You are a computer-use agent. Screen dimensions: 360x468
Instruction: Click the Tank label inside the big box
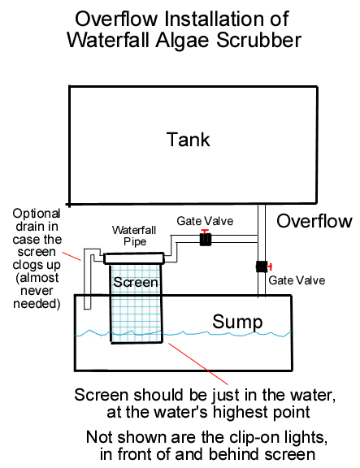tap(188, 140)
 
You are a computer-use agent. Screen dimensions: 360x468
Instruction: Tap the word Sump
tap(237, 322)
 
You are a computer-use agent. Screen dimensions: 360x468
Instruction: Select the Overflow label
tap(314, 221)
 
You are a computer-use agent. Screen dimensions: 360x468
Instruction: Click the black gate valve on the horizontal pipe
tap(205, 240)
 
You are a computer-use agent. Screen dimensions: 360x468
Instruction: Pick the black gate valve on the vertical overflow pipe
tap(262, 266)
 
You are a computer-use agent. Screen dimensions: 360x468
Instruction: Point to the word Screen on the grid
tap(135, 283)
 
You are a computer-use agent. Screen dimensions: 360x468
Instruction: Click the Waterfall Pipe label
tap(134, 236)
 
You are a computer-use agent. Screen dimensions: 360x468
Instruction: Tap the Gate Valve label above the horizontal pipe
tap(205, 221)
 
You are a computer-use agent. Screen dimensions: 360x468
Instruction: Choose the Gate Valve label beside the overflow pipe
tap(297, 280)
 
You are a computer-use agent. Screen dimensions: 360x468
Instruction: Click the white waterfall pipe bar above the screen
tap(134, 258)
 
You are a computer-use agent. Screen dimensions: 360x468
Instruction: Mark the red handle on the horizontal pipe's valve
tap(205, 232)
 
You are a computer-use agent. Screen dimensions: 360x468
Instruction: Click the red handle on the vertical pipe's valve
tap(270, 266)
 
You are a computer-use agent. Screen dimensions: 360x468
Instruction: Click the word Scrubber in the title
tap(258, 40)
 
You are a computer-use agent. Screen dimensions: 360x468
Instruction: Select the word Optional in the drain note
tap(37, 214)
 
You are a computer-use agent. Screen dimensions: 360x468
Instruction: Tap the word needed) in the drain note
tap(37, 304)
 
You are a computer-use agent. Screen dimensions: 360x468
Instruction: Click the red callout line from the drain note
tap(72, 256)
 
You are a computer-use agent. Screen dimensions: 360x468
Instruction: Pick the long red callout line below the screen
tap(198, 364)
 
